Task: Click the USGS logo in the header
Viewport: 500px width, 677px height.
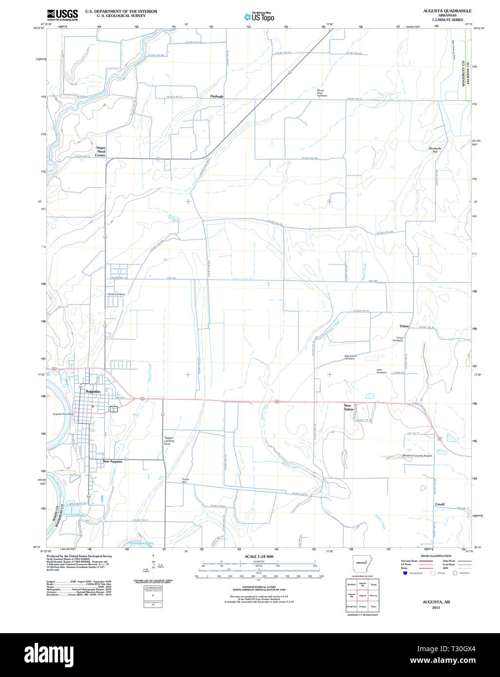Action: coord(62,15)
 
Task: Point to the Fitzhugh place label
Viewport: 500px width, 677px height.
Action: coord(217,96)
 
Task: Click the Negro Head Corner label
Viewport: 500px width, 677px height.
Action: coord(101,151)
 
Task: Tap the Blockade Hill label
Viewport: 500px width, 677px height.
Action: coord(435,150)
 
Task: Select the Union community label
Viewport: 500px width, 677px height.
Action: coord(404,326)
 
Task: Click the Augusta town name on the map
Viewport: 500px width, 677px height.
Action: coord(92,391)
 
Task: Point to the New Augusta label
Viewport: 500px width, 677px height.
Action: coord(112,461)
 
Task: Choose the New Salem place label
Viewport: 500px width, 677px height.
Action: coord(348,407)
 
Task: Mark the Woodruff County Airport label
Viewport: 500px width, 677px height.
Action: coord(417,455)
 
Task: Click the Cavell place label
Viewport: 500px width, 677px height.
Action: coord(440,504)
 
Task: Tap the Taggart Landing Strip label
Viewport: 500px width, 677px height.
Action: coord(169,441)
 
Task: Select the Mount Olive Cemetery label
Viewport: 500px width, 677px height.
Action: coord(321,93)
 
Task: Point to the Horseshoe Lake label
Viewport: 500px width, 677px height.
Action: coord(141,543)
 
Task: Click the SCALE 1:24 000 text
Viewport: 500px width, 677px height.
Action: coord(259,556)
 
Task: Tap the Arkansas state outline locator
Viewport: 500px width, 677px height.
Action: coord(361,563)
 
